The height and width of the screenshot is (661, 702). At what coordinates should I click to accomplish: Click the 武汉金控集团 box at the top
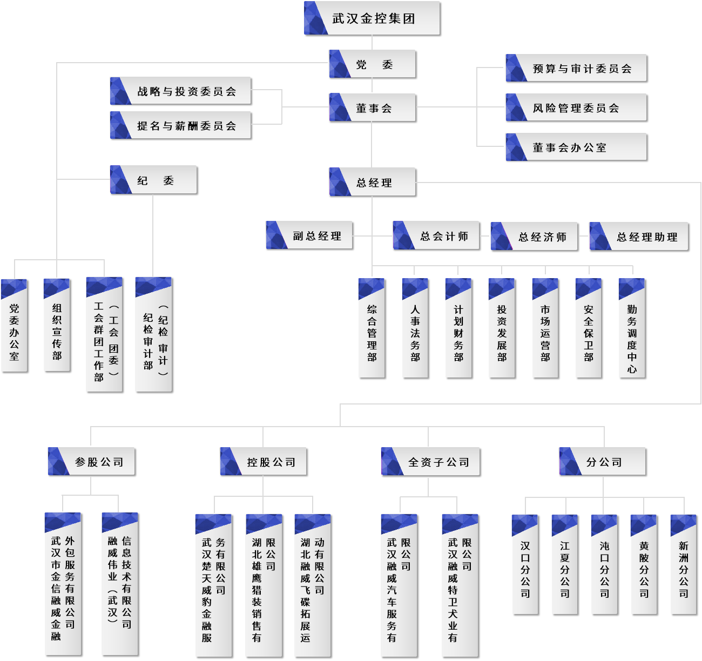(372, 18)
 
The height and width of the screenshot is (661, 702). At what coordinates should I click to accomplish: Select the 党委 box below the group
(372, 64)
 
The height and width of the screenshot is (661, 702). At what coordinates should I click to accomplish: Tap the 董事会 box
(372, 107)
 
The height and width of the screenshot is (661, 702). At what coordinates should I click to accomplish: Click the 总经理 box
(372, 182)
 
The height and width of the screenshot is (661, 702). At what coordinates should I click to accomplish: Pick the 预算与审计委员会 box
(576, 68)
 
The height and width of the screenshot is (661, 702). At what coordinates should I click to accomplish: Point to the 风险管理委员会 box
(576, 107)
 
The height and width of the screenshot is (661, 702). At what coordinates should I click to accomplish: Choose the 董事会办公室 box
(576, 147)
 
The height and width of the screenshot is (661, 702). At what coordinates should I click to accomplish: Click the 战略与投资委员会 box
(180, 91)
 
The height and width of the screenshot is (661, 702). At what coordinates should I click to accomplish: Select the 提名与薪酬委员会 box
(180, 125)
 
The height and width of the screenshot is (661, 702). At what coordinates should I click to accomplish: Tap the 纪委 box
(153, 180)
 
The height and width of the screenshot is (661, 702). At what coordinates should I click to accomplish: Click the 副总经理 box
(309, 235)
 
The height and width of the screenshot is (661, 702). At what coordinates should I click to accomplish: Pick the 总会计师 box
(436, 235)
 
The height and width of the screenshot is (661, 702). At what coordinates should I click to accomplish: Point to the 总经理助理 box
(639, 236)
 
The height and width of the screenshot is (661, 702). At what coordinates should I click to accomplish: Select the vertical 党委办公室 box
(14, 326)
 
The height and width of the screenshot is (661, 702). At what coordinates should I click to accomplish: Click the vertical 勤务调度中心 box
(632, 328)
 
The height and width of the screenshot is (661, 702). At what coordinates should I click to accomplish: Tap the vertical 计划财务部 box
(458, 328)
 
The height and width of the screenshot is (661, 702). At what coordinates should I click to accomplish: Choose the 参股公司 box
(92, 461)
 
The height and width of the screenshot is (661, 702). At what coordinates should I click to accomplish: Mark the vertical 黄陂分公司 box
(644, 565)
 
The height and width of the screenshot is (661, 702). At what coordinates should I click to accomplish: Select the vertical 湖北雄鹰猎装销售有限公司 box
(264, 585)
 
